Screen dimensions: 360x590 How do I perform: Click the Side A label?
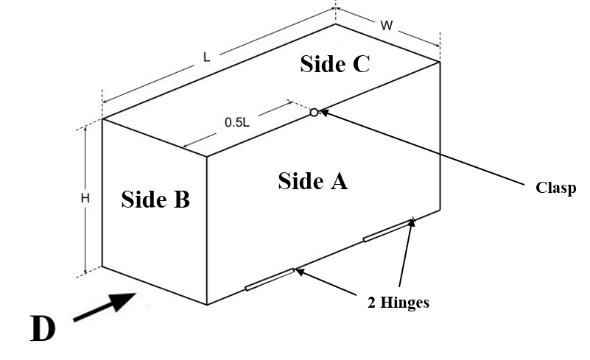[312, 181]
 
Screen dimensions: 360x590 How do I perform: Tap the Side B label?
[155, 199]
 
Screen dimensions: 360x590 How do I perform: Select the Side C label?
[334, 65]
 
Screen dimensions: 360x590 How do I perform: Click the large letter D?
[42, 329]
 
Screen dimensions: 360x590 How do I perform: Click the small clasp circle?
[314, 113]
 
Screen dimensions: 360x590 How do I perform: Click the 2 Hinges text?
[398, 303]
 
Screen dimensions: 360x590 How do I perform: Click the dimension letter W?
[386, 26]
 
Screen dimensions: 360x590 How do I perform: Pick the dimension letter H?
[85, 198]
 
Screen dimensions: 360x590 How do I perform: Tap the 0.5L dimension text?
[237, 123]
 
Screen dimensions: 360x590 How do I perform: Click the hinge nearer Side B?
[269, 279]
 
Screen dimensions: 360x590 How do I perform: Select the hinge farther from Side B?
[389, 228]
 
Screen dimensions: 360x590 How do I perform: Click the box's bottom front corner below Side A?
[207, 304]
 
